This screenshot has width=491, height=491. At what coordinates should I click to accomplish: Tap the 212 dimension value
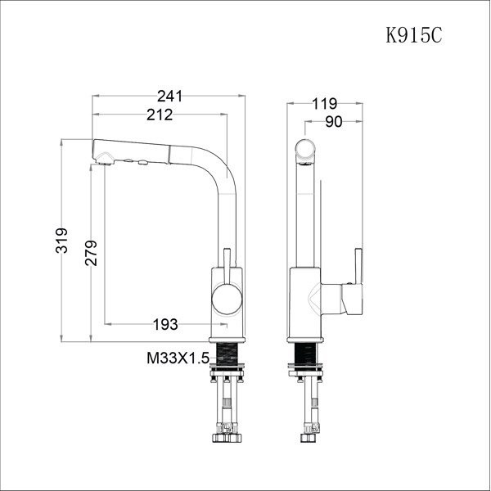(160, 115)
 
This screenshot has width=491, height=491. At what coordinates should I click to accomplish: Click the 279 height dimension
(90, 255)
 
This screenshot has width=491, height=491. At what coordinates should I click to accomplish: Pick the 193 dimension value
(165, 325)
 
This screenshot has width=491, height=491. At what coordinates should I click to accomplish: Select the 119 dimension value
(325, 104)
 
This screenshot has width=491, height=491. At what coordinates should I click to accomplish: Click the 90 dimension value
(333, 123)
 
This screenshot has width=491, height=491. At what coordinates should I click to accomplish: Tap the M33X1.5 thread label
(177, 358)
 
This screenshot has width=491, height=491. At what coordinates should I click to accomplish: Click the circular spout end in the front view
(305, 150)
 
